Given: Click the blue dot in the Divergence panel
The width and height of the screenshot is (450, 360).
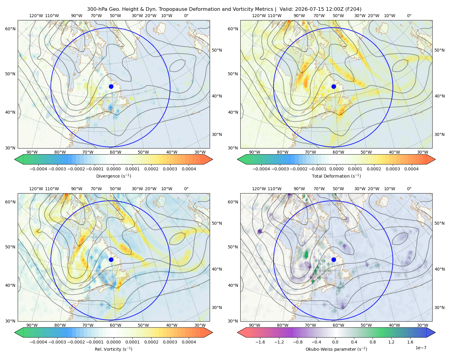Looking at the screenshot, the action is click(111, 86).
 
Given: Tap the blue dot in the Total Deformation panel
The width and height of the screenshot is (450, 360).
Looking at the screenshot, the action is click(334, 86).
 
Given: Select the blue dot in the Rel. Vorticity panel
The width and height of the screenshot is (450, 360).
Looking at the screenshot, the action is click(111, 259).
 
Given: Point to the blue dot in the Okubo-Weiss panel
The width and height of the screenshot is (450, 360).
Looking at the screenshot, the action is click(334, 259).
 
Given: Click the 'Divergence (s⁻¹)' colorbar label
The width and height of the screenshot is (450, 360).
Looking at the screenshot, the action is click(113, 176).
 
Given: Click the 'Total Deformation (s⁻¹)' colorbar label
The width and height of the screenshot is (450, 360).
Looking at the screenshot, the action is click(336, 176).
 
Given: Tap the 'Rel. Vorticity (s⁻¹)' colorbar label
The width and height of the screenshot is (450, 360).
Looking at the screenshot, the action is click(113, 349).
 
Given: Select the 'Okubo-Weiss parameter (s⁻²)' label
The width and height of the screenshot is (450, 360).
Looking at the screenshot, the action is click(336, 349).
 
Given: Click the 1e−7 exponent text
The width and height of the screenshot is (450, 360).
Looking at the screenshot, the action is click(421, 348).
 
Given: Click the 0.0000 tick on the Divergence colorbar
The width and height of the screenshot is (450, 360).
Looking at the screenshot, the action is click(113, 169).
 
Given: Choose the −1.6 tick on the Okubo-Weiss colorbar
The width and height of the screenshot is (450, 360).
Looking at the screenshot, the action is click(260, 342).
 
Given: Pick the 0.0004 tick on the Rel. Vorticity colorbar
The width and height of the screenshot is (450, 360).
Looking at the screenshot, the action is click(189, 342).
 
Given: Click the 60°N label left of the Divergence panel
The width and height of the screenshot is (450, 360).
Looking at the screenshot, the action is click(10, 29).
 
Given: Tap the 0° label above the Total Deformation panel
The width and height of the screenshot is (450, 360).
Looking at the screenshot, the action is click(409, 16).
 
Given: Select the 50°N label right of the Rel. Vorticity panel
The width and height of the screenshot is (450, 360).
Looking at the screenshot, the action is click(217, 223).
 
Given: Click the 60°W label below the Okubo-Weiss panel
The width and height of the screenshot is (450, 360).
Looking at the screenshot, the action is click(338, 325).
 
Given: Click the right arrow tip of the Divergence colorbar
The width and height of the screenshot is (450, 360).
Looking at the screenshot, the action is click(213, 159).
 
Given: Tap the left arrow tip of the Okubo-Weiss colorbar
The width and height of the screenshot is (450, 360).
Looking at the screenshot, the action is click(237, 332).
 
